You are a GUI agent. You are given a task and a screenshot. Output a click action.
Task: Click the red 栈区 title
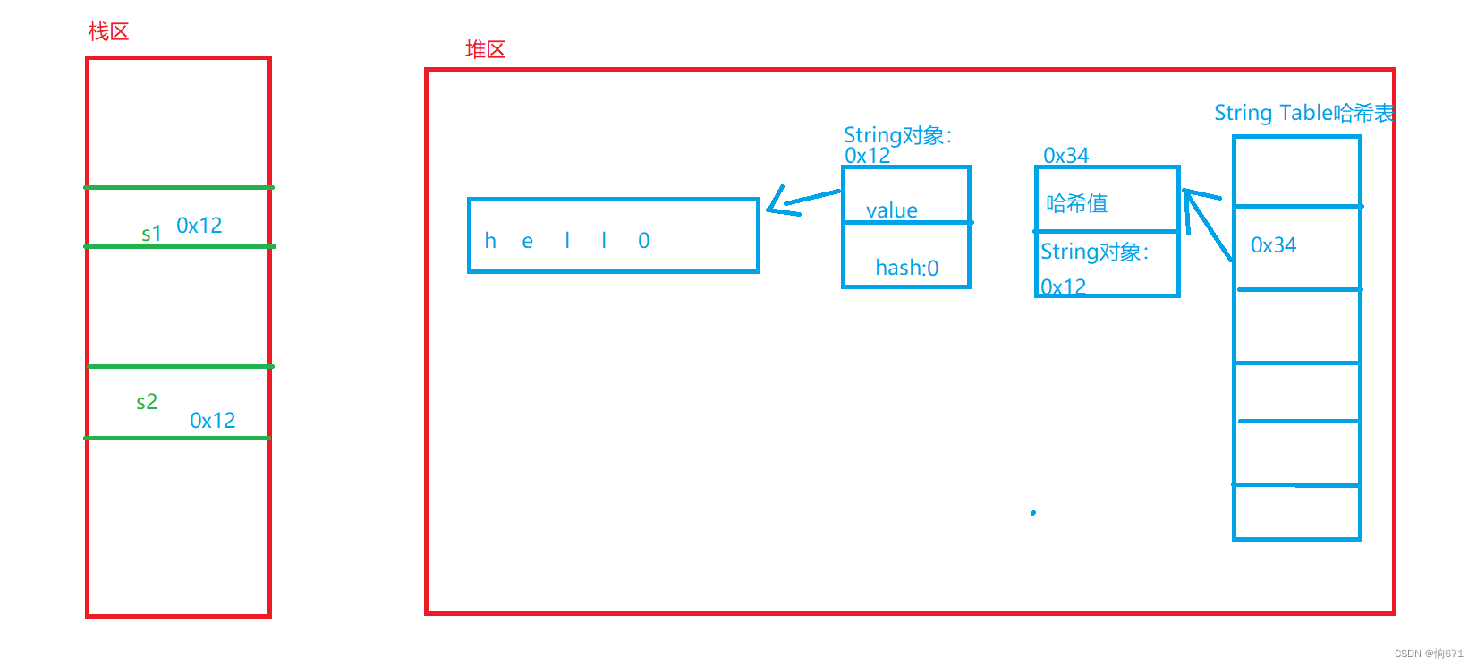pyautogui.click(x=108, y=32)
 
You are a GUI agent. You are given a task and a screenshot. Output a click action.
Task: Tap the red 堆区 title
pyautogui.click(x=485, y=50)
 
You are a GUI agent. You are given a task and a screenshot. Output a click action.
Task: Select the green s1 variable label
pyautogui.click(x=151, y=235)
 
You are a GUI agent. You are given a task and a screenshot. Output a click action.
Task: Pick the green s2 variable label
pyautogui.click(x=147, y=402)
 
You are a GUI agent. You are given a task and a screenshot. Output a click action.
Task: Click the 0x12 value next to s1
pyautogui.click(x=199, y=226)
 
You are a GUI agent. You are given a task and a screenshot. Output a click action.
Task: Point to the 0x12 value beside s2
pyautogui.click(x=213, y=421)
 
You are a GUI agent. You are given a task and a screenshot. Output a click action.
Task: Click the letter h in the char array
pyautogui.click(x=490, y=241)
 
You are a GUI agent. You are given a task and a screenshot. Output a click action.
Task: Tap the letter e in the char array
pyautogui.click(x=528, y=242)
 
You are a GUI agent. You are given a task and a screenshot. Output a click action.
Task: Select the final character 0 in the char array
pyautogui.click(x=644, y=241)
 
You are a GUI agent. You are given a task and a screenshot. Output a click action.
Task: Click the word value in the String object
pyautogui.click(x=892, y=210)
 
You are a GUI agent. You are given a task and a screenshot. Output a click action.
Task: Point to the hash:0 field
pyautogui.click(x=907, y=268)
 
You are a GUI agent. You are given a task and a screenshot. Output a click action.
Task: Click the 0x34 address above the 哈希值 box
pyautogui.click(x=1066, y=156)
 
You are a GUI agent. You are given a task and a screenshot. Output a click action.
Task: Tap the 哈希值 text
pyautogui.click(x=1077, y=204)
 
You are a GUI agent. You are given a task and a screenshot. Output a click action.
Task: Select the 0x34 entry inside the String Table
pyautogui.click(x=1274, y=245)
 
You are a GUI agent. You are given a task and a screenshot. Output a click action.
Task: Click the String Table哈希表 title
pyautogui.click(x=1303, y=113)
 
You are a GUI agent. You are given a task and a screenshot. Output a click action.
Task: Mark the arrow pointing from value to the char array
pyautogui.click(x=802, y=200)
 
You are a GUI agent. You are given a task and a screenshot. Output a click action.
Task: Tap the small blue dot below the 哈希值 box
pyautogui.click(x=1033, y=513)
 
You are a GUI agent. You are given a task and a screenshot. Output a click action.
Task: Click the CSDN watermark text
pyautogui.click(x=1429, y=654)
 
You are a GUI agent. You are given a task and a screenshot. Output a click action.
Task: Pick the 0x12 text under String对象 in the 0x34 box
pyautogui.click(x=1064, y=287)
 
